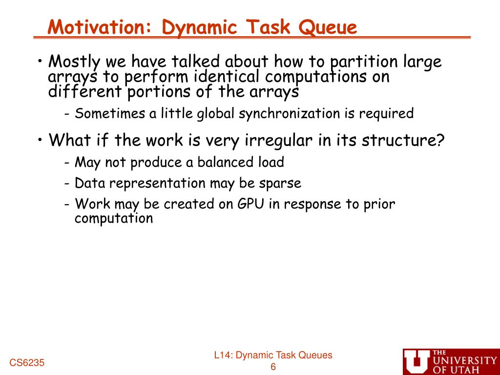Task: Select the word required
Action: [386, 114]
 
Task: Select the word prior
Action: [380, 204]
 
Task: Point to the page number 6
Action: [273, 367]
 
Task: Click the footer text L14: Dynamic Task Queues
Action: [273, 355]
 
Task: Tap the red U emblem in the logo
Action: [417, 362]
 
